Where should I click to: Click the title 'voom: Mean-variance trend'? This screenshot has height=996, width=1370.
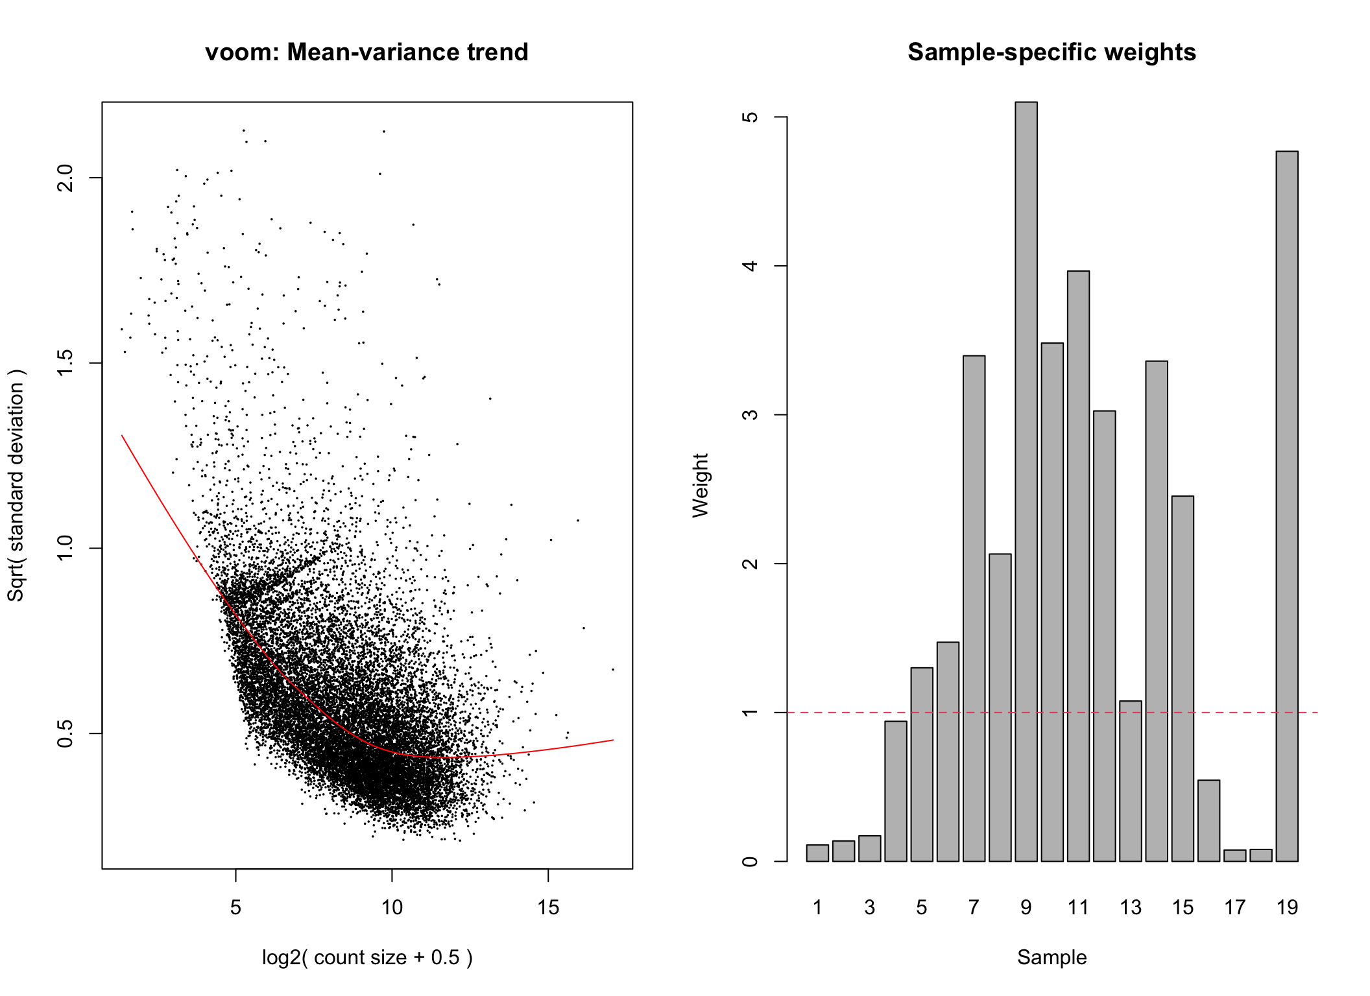tap(367, 52)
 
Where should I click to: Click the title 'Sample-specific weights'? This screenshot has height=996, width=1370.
tap(1052, 52)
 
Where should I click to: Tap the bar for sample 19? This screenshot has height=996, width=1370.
tap(1287, 506)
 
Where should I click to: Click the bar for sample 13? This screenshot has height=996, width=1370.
tap(1131, 781)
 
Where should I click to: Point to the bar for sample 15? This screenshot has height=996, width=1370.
tap(1183, 678)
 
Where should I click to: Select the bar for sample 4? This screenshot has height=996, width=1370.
tap(896, 791)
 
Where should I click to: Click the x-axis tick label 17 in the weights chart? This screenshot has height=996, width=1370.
tap(1235, 907)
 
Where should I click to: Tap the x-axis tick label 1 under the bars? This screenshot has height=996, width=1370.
tap(817, 907)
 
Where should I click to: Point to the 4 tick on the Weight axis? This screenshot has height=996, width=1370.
tap(751, 266)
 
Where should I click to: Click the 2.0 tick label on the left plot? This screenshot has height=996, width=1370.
tap(66, 178)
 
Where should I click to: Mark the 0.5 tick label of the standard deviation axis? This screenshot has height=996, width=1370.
tap(66, 733)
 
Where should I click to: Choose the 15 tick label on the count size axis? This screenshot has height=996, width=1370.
tap(548, 907)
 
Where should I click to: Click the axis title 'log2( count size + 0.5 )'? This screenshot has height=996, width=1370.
tap(367, 957)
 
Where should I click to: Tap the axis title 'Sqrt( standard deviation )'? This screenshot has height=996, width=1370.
tap(16, 485)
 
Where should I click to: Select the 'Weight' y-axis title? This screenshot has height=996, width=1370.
tap(701, 485)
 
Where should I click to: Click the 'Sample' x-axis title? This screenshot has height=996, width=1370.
tap(1052, 957)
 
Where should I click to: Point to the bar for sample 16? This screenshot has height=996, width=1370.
tap(1208, 821)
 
